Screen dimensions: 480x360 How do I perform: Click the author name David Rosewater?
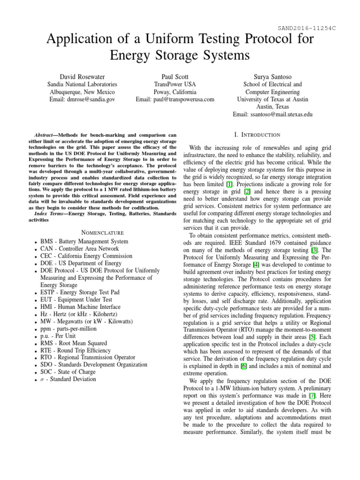[x=82, y=76]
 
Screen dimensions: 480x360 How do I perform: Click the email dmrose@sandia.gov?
[x=83, y=99]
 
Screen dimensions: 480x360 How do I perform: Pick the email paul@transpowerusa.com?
[x=175, y=99]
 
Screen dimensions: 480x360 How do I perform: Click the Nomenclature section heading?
[x=102, y=232]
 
